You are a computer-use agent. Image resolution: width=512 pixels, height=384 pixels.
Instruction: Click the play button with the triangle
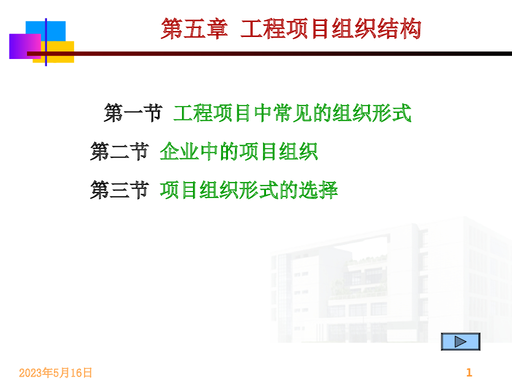pyautogui.click(x=460, y=341)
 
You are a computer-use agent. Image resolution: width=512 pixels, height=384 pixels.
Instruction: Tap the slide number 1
pyautogui.click(x=469, y=372)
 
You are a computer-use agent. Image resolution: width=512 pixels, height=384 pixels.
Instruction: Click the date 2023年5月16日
pyautogui.click(x=55, y=372)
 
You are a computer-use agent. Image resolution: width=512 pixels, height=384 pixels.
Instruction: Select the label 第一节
pyautogui.click(x=133, y=113)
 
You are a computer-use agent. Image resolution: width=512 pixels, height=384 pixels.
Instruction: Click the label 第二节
pyautogui.click(x=119, y=151)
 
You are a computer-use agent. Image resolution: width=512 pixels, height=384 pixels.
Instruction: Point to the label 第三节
pyautogui.click(x=119, y=190)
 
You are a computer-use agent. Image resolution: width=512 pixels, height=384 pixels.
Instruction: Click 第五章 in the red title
pyautogui.click(x=194, y=28)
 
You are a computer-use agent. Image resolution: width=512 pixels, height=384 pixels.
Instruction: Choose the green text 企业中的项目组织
pyautogui.click(x=238, y=151)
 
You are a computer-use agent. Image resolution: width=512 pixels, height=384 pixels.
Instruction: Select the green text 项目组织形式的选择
pyautogui.click(x=248, y=190)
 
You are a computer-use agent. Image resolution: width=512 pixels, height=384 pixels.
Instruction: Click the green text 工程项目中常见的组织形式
pyautogui.click(x=292, y=113)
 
